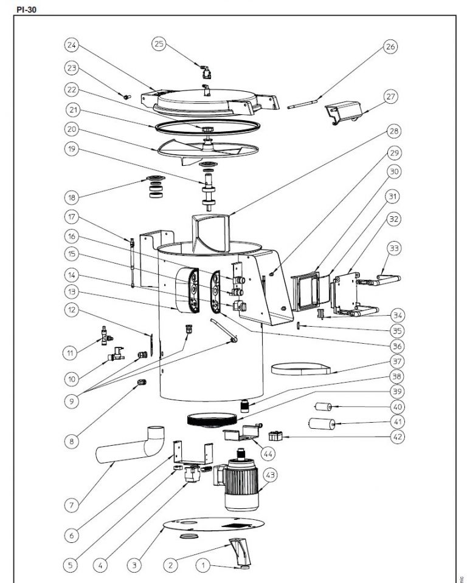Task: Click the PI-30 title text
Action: [26, 10]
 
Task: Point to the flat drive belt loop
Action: [301, 368]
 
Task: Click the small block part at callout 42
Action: [277, 435]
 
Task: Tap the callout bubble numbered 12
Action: [72, 310]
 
